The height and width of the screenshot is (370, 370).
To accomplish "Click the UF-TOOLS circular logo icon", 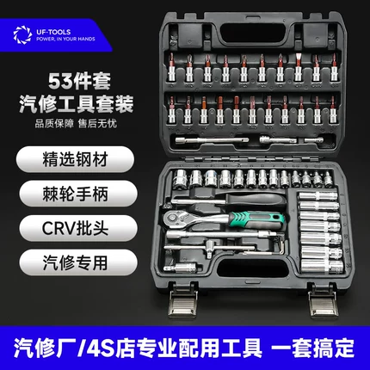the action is click(x=22, y=34).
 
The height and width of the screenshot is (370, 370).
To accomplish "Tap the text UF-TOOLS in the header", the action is click(x=53, y=32).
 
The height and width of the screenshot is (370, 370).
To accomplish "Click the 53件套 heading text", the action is click(x=79, y=82).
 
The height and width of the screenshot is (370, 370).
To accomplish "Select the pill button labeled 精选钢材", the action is click(x=75, y=159).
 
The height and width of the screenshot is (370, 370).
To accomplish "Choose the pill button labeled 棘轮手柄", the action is click(x=78, y=194).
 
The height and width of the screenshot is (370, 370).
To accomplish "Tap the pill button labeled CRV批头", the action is click(x=78, y=228).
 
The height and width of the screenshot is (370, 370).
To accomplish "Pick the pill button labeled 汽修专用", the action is click(x=78, y=262).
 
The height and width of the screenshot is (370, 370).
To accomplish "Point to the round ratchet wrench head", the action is click(x=176, y=219).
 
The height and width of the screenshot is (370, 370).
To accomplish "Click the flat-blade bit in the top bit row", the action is click(x=298, y=68).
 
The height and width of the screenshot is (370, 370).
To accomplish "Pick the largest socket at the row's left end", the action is click(x=181, y=179).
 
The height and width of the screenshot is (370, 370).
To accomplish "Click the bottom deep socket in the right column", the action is click(x=322, y=267).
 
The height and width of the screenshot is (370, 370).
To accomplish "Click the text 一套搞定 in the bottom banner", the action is click(x=312, y=348).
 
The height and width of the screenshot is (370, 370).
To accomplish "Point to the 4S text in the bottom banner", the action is click(x=99, y=348).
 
